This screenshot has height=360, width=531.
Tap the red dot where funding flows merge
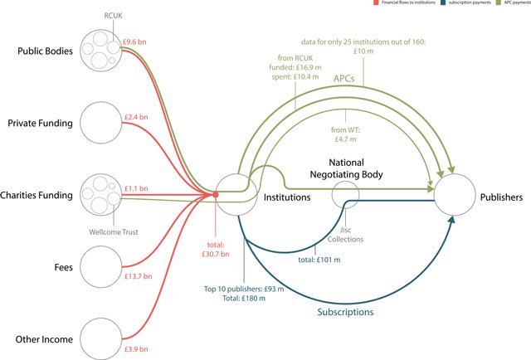215,196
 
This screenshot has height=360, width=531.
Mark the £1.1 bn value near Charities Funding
136,188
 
